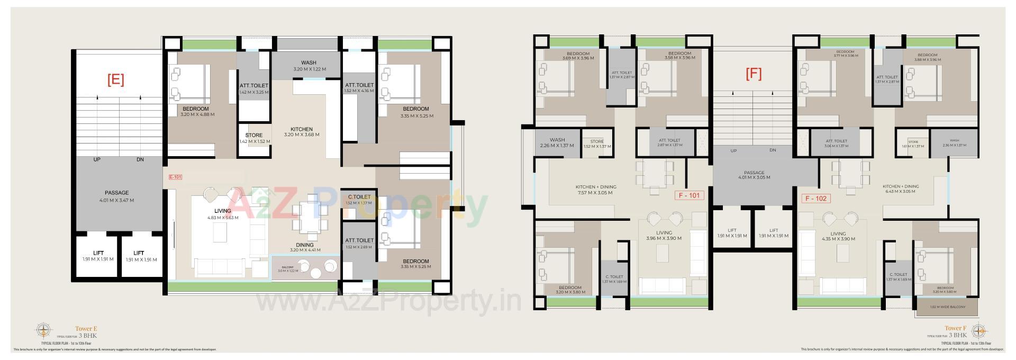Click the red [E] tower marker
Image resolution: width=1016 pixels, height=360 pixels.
click(115, 80)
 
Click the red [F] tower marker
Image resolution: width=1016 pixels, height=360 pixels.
click(754, 74)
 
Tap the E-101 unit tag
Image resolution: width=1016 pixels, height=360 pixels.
click(175, 177)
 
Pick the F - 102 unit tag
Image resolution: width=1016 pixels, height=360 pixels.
click(815, 199)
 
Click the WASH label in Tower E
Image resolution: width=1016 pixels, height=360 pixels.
click(309, 62)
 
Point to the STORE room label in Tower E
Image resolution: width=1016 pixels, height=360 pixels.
click(254, 135)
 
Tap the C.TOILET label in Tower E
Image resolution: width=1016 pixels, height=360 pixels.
click(359, 197)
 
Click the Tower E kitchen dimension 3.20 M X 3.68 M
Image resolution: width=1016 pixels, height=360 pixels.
click(302, 135)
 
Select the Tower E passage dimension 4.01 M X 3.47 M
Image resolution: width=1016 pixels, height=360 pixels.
click(116, 201)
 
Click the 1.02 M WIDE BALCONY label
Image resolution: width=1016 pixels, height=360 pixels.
click(948, 307)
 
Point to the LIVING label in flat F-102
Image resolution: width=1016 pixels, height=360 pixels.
click(838, 233)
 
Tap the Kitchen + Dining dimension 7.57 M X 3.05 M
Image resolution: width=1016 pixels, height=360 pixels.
click(596, 193)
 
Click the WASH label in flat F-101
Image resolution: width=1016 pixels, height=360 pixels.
click(557, 140)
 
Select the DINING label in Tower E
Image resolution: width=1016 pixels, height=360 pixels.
click(305, 245)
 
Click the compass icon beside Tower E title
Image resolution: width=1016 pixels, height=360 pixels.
click(43, 331)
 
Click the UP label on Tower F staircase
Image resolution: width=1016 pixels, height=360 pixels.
click(733, 151)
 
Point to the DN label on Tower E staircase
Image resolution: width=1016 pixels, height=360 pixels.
click(140, 159)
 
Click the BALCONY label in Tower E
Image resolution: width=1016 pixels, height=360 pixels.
click(287, 267)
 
